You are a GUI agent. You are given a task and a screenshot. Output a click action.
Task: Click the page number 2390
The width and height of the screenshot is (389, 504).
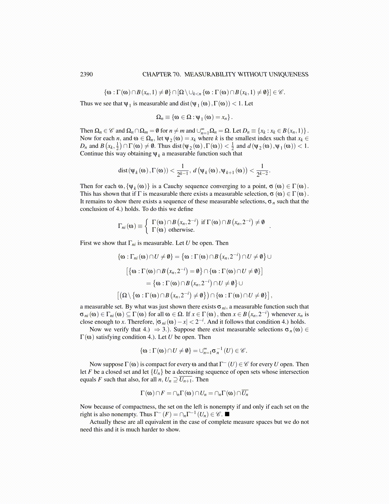click(86, 74)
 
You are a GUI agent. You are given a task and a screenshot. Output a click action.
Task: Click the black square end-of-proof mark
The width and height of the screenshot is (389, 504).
click(227, 414)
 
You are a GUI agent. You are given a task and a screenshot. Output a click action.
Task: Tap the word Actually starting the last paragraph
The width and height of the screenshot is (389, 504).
click(100, 422)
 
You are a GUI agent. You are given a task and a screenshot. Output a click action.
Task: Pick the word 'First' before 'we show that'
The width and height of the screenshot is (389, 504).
click(86, 243)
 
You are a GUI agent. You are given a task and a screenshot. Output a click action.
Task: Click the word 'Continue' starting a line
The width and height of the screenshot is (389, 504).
click(91, 154)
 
